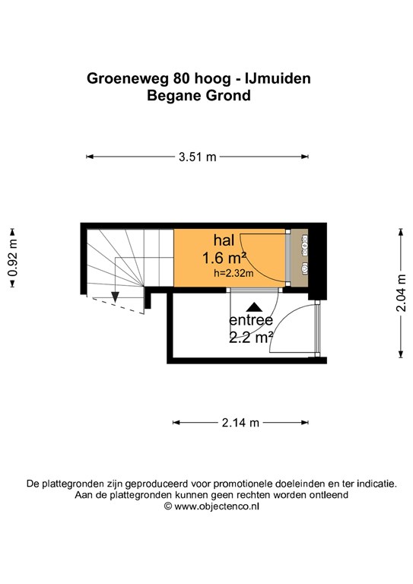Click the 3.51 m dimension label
tap(198, 157)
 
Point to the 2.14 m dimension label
tap(240, 423)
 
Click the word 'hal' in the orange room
tap(224, 240)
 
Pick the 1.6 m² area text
tap(224, 258)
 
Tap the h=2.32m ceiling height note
tap(234, 274)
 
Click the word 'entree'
tap(251, 320)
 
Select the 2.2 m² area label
tap(251, 338)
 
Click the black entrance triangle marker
tap(254, 307)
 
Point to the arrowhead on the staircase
tap(115, 297)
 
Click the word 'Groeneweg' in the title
tap(128, 78)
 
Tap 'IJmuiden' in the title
tap(278, 78)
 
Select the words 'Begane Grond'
tap(199, 95)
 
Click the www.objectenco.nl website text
tap(217, 506)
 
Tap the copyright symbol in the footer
tap(168, 506)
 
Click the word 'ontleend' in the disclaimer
tap(331, 495)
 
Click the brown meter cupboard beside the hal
tap(300, 258)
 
